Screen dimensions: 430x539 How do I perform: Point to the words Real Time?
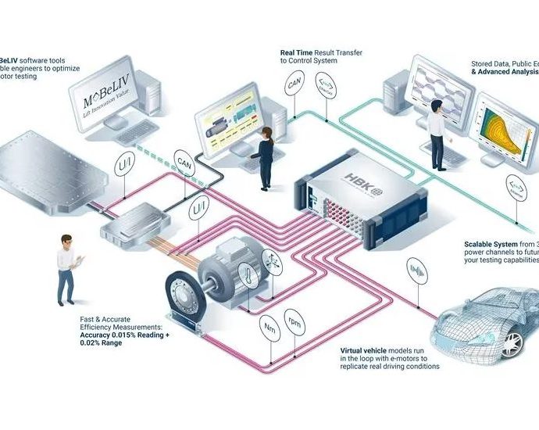pos(297,52)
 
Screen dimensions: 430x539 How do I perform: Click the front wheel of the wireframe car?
pos(512,342)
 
